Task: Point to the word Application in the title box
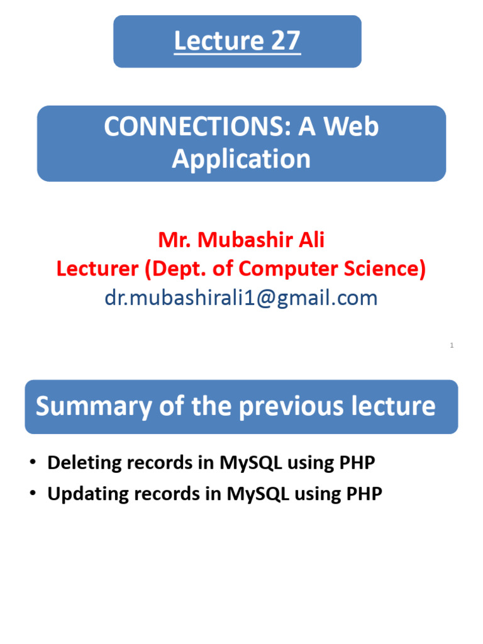pos(241,159)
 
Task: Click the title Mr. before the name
pos(174,240)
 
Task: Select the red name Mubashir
pos(243,240)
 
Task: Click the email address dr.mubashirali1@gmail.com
pos(241,297)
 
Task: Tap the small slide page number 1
pos(452,345)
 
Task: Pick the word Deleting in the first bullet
pos(84,463)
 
